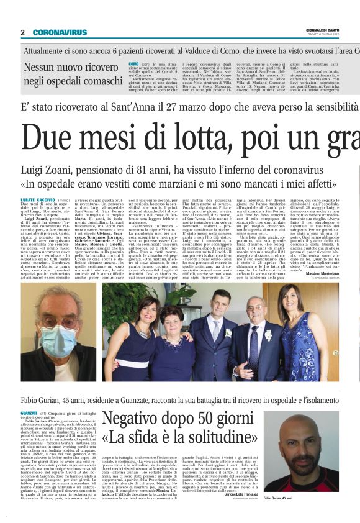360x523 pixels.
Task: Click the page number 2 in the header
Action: pyautogui.click(x=22, y=32)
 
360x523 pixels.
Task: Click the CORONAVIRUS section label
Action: pyautogui.click(x=60, y=32)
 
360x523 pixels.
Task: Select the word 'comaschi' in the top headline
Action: pyautogui.click(x=93, y=80)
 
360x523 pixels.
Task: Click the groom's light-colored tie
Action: pyautogui.click(x=207, y=328)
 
